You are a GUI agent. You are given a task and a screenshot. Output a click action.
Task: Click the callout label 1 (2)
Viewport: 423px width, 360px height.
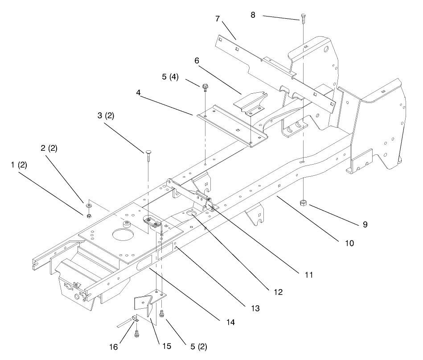[x=19, y=164]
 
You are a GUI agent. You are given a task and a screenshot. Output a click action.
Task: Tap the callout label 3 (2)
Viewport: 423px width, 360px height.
[x=106, y=115]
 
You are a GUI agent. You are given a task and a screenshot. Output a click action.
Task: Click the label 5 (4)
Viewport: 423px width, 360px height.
[x=170, y=77]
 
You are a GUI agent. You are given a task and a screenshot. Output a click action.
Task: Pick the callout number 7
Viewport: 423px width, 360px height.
[x=218, y=19]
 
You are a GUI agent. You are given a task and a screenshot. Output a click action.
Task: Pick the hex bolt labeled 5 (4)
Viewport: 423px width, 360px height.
[x=205, y=87]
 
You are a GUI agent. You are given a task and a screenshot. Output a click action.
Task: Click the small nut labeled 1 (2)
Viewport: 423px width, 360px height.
[x=88, y=216]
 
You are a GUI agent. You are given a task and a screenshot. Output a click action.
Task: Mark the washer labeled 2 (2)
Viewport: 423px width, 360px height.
[x=89, y=206]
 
